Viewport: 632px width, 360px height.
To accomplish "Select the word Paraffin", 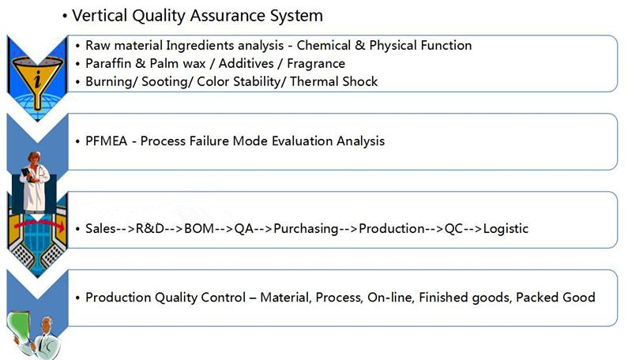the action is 108,64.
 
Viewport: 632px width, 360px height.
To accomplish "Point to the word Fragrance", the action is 316,64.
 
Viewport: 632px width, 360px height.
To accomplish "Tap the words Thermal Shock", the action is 333,82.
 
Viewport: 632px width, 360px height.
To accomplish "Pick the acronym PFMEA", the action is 107,141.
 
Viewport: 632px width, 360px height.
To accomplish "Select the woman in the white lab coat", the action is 35,182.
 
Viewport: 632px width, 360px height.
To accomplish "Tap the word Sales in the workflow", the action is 101,229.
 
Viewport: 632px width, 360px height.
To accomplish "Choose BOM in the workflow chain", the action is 199,229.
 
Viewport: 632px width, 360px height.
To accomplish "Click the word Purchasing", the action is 306,229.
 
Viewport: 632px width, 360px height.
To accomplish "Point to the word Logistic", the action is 506,229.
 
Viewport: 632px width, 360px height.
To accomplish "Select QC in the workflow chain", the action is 453,229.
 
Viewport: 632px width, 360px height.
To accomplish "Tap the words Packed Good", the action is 555,298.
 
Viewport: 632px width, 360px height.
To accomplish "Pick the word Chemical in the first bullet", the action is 324,46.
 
